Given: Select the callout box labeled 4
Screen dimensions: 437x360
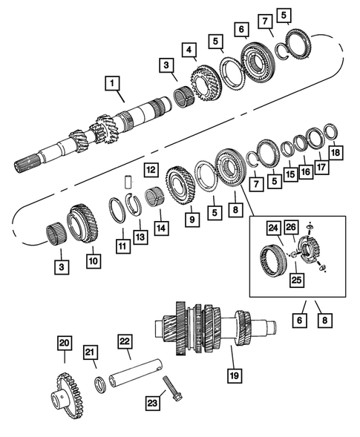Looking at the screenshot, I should pyautogui.click(x=192, y=50).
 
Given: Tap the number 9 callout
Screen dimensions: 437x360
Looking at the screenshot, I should pyautogui.click(x=192, y=219).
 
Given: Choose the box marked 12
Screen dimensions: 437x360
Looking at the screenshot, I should pyautogui.click(x=150, y=170).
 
